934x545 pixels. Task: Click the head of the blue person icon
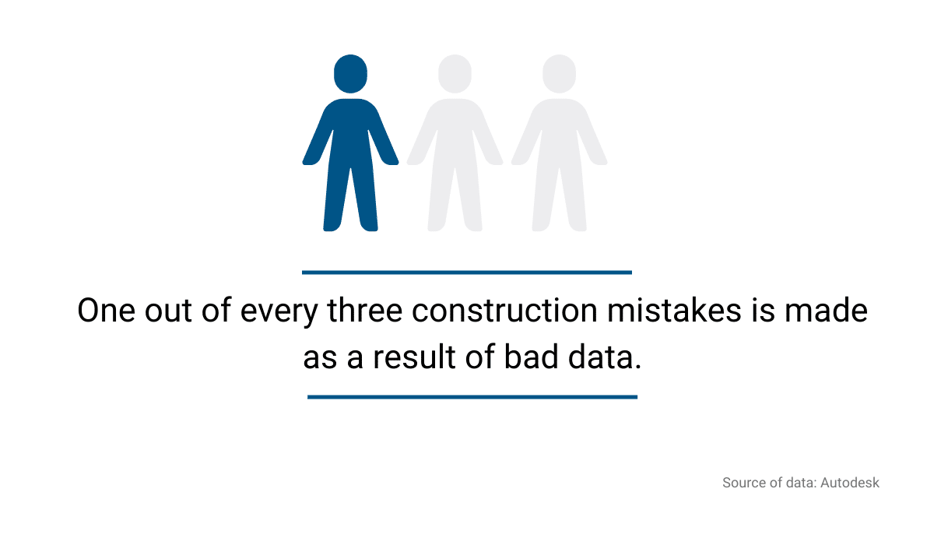tap(351, 73)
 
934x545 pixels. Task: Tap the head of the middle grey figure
tap(455, 73)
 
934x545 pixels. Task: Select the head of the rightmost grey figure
tap(559, 73)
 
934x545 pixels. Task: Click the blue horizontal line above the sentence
tap(467, 272)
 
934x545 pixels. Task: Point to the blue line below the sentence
tap(472, 397)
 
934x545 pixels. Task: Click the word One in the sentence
tap(107, 311)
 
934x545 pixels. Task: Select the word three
tap(365, 311)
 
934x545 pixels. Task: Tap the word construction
tap(504, 311)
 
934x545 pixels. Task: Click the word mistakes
tap(674, 311)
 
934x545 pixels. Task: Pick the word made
tap(826, 311)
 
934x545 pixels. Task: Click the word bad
tap(531, 357)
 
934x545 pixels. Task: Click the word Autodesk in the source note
tap(850, 483)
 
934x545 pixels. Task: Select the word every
tap(279, 313)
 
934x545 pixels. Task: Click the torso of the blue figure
tap(351, 133)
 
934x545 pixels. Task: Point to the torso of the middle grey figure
tap(455, 133)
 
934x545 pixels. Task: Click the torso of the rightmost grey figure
tap(559, 133)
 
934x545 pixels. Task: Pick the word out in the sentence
tap(168, 312)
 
